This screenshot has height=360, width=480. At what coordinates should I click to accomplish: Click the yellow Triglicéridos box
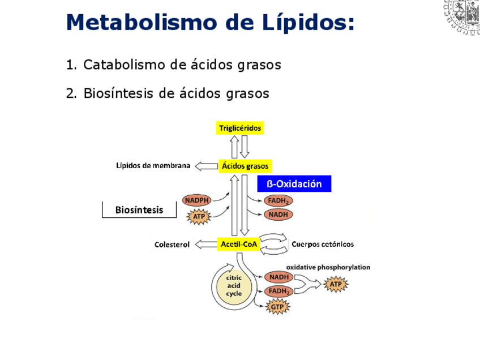[x=240, y=128]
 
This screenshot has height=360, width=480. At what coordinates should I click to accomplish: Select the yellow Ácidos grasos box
[x=245, y=166]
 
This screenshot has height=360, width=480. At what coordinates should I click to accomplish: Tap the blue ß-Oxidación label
[x=294, y=184]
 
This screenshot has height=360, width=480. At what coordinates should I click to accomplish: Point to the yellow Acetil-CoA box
[x=238, y=245]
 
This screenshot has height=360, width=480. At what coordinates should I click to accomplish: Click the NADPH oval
[x=197, y=200]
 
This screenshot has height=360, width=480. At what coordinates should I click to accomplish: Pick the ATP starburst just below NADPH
[x=199, y=216]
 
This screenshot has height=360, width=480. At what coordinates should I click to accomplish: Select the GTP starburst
[x=277, y=307]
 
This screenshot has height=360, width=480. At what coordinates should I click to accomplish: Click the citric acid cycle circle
[x=234, y=286]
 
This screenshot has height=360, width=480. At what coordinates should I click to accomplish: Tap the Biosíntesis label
[x=139, y=210]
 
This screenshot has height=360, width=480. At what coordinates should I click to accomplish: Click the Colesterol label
[x=172, y=245]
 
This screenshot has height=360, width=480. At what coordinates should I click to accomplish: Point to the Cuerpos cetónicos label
[x=323, y=245]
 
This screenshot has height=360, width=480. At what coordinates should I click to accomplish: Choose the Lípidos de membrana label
[x=153, y=166]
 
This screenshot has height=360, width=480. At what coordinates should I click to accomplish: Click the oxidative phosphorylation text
[x=328, y=267]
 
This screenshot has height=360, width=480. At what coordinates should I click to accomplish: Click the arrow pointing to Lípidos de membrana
[x=205, y=166]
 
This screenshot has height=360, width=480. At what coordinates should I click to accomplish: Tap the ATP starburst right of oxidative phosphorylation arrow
[x=335, y=285]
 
